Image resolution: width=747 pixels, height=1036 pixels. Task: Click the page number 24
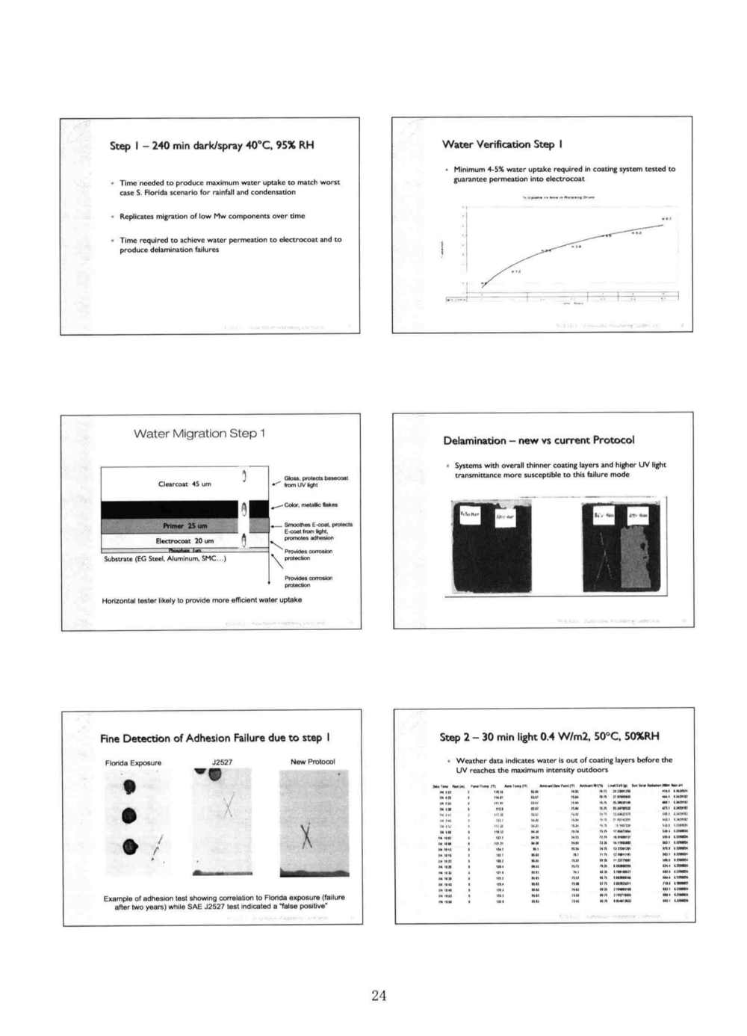tap(379, 995)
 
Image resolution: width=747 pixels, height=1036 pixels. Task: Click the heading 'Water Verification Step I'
tap(502, 144)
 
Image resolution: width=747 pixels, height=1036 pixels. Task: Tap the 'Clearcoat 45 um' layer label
tap(185, 484)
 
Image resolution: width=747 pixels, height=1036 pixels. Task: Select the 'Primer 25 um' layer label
tap(185, 525)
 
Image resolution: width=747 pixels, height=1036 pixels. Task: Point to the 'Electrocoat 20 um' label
tap(185, 540)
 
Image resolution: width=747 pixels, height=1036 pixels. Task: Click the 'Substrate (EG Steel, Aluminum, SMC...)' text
tap(165, 558)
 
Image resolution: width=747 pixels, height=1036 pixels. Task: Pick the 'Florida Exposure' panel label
tap(133, 762)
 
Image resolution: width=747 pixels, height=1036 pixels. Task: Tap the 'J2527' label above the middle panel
tap(222, 762)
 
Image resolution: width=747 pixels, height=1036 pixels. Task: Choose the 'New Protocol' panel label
tap(312, 762)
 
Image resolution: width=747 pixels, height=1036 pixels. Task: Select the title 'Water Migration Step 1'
tap(199, 434)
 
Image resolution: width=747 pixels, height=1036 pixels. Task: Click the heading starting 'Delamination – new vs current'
tap(539, 440)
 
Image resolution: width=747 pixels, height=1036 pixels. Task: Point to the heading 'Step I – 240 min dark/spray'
tap(211, 145)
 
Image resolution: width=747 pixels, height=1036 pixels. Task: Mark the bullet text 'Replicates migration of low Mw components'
tap(212, 216)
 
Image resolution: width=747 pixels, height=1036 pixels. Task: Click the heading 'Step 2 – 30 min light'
tap(549, 737)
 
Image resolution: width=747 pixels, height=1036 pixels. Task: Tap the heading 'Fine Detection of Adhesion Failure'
tap(215, 739)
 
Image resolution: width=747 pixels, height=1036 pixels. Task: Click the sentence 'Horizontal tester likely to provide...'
tap(202, 600)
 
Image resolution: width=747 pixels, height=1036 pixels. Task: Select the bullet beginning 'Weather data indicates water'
tap(564, 765)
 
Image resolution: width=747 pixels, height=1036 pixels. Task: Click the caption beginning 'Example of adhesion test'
tap(224, 902)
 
